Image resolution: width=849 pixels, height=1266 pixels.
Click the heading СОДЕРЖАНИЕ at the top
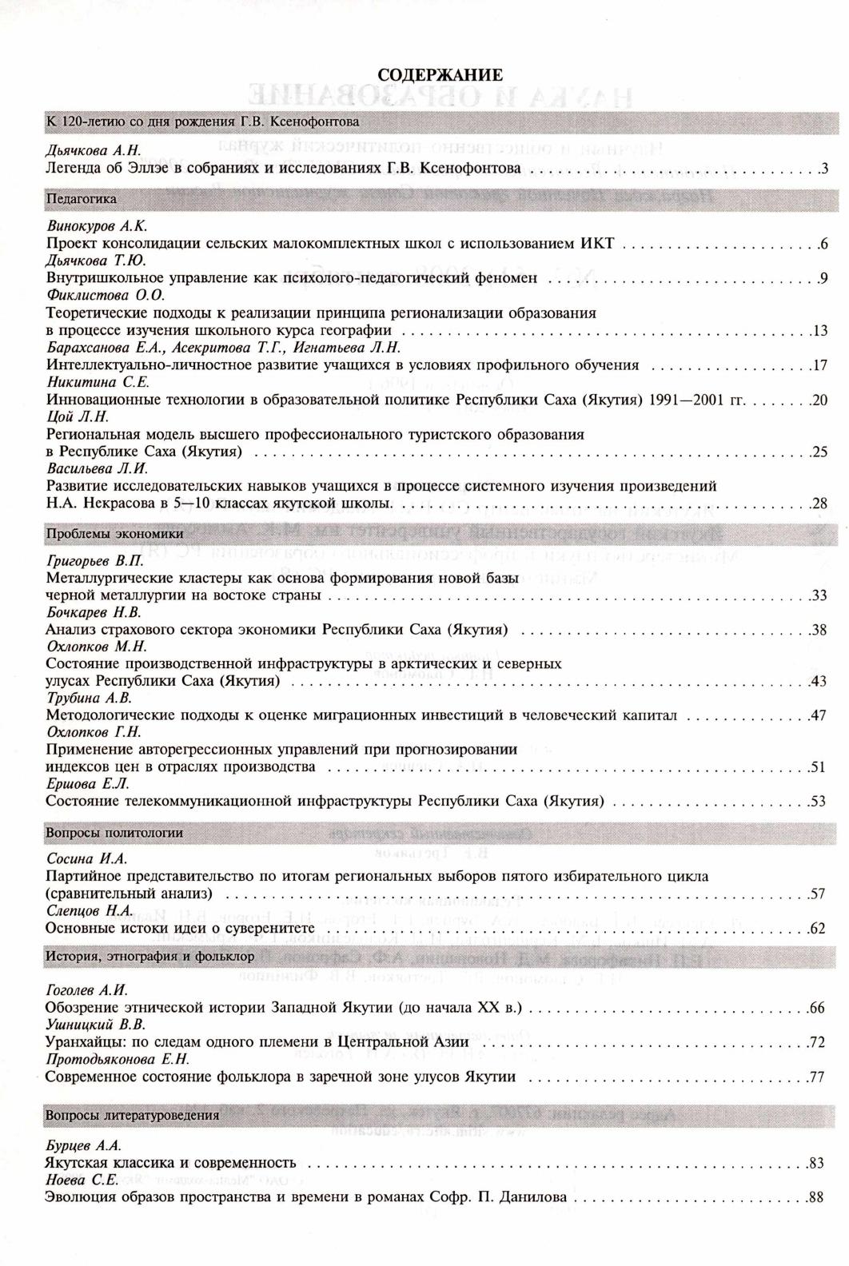[x=440, y=75]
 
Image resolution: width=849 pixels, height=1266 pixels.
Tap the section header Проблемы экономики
[x=114, y=533]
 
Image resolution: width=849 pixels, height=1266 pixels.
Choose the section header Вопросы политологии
[x=114, y=832]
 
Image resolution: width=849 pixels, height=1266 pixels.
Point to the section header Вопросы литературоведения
[x=132, y=1115]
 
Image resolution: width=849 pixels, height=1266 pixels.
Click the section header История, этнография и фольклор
[x=150, y=955]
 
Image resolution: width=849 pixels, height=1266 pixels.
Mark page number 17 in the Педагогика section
[x=819, y=366]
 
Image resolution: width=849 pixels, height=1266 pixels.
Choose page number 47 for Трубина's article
[x=818, y=715]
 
